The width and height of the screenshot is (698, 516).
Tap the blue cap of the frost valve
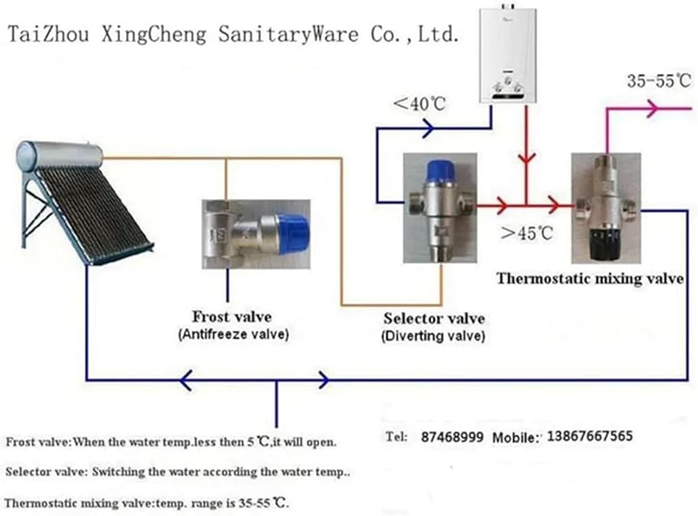pyautogui.click(x=292, y=232)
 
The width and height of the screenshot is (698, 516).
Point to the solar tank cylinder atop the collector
pyautogui.click(x=60, y=155)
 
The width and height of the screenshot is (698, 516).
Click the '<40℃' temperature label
pyautogui.click(x=419, y=105)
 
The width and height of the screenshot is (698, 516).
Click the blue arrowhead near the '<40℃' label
pyautogui.click(x=427, y=128)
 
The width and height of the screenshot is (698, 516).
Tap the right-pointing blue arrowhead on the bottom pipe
pyautogui.click(x=323, y=380)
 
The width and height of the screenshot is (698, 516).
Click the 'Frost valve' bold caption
pyautogui.click(x=232, y=317)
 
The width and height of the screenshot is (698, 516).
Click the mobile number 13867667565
pyautogui.click(x=591, y=437)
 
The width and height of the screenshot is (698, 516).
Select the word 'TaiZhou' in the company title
pyautogui.click(x=48, y=35)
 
